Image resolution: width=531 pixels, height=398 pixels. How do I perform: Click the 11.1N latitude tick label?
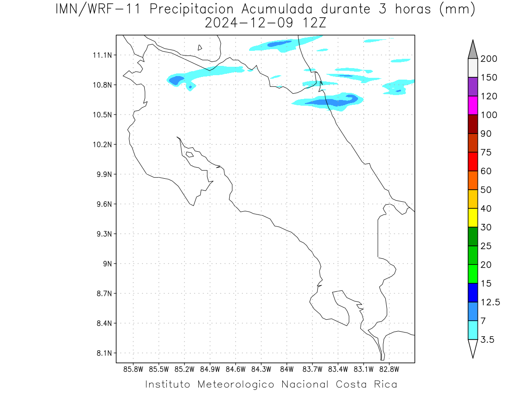tap(102, 55)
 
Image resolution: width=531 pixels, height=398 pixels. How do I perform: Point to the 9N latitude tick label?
tap(108, 264)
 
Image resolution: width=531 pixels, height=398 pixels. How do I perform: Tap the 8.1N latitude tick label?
tap(104, 353)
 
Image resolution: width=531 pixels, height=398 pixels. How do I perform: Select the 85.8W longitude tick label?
tap(133, 369)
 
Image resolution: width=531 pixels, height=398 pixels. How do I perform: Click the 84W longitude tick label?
tap(287, 369)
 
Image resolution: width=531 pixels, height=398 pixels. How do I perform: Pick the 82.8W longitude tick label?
tap(389, 369)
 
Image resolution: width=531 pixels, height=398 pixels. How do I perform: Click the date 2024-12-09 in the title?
tap(249, 23)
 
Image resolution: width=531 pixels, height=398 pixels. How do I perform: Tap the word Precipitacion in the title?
tap(192, 10)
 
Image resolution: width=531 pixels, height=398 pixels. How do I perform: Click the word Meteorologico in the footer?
tap(235, 384)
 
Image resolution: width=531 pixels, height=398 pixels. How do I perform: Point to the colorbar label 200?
tap(489, 59)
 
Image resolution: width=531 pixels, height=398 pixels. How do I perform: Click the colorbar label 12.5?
tap(490, 302)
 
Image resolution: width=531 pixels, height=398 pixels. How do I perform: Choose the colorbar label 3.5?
tap(487, 340)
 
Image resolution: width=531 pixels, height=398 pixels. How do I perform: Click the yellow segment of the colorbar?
tap(473, 218)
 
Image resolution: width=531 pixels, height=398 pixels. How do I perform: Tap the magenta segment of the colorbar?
tap(473, 105)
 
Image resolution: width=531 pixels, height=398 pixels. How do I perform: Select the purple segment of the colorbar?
tap(473, 87)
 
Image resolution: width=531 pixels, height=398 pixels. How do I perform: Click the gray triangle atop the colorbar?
tap(473, 51)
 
